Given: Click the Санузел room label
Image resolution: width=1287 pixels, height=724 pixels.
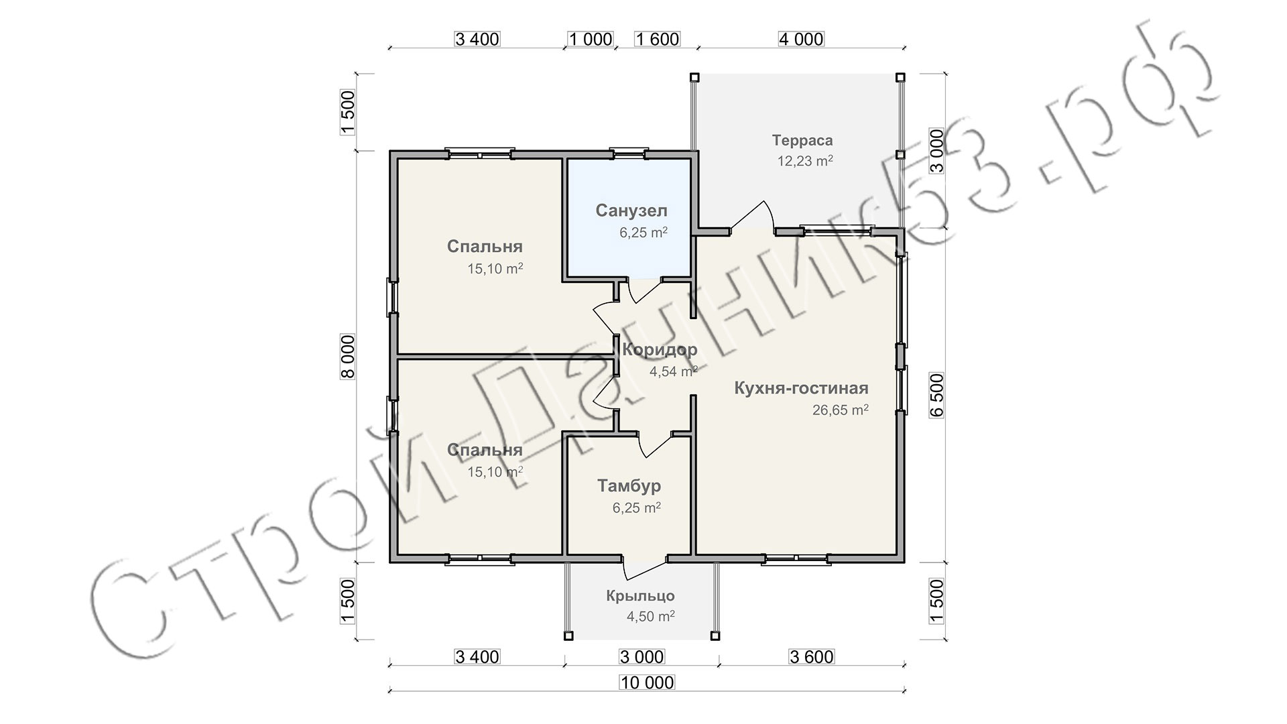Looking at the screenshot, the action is [631, 211].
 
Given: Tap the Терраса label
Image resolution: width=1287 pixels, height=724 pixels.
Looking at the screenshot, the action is [802, 141].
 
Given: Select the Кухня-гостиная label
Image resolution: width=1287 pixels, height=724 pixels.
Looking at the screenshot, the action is [801, 388].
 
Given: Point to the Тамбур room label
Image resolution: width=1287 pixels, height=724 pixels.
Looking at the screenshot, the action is [629, 485].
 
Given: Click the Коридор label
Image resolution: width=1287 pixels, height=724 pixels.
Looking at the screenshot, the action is [660, 349].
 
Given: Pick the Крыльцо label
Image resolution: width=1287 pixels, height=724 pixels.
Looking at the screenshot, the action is [641, 596].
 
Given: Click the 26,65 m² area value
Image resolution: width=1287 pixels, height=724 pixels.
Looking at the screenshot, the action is [841, 410].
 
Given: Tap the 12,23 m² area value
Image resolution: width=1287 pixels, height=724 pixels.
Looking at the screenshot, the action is [805, 161].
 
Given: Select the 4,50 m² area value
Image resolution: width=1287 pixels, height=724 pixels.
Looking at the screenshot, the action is [650, 616].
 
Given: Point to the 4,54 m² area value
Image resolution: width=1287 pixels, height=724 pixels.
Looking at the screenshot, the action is [674, 371].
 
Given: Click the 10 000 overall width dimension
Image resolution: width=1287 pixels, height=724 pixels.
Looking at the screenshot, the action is [647, 682].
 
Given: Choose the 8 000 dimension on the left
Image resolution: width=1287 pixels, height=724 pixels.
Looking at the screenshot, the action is [348, 357].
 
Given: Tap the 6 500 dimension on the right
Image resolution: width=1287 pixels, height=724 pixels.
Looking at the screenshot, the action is [936, 396].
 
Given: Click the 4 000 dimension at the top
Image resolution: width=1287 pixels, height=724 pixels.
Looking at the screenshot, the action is [801, 39].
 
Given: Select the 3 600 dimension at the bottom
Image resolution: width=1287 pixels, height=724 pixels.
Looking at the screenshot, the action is [812, 657].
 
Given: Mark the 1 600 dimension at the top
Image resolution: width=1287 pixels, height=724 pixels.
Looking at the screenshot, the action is [658, 39].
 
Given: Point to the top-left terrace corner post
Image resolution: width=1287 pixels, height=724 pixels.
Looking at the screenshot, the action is [694, 77].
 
